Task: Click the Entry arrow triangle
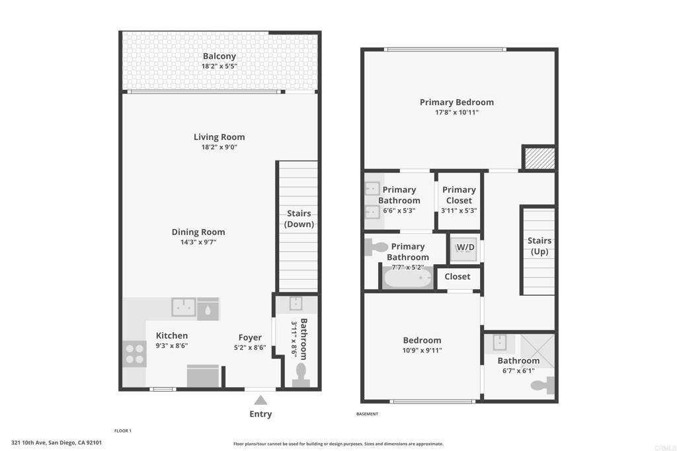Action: click(x=260, y=399)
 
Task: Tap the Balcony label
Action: click(x=219, y=57)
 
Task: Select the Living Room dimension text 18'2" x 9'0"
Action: click(x=219, y=147)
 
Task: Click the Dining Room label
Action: click(x=198, y=232)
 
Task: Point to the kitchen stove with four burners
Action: click(x=134, y=354)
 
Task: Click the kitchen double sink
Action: click(x=184, y=307)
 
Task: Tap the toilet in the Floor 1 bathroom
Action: click(x=301, y=374)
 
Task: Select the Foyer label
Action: click(x=250, y=337)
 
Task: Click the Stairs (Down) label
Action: click(x=299, y=219)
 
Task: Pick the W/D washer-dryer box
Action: click(x=465, y=248)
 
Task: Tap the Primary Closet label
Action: click(x=459, y=195)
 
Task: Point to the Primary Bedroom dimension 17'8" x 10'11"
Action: click(x=457, y=112)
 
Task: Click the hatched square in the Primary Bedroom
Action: click(x=538, y=158)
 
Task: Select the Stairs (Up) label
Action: click(x=539, y=246)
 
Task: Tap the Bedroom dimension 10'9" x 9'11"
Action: click(x=422, y=351)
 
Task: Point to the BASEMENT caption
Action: click(x=368, y=414)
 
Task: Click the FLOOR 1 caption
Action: click(x=123, y=431)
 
